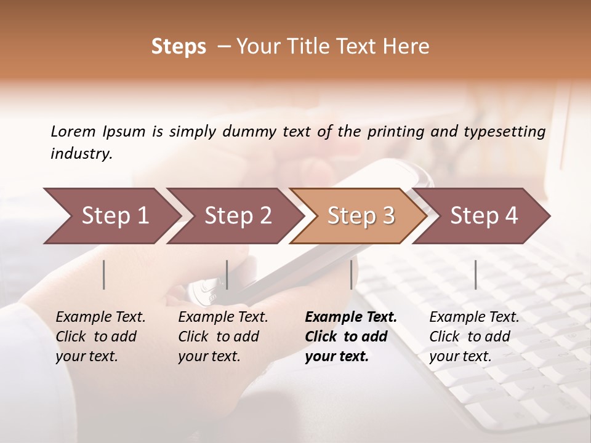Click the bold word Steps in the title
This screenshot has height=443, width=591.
click(179, 47)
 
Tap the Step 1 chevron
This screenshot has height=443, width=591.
click(111, 216)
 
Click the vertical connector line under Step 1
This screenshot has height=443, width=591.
click(104, 274)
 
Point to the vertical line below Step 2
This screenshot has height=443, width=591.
click(227, 274)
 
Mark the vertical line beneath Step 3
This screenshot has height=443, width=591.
click(352, 274)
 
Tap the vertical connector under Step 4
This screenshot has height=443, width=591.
click(476, 274)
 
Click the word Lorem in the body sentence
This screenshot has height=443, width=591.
click(73, 132)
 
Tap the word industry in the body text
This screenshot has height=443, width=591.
click(81, 154)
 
